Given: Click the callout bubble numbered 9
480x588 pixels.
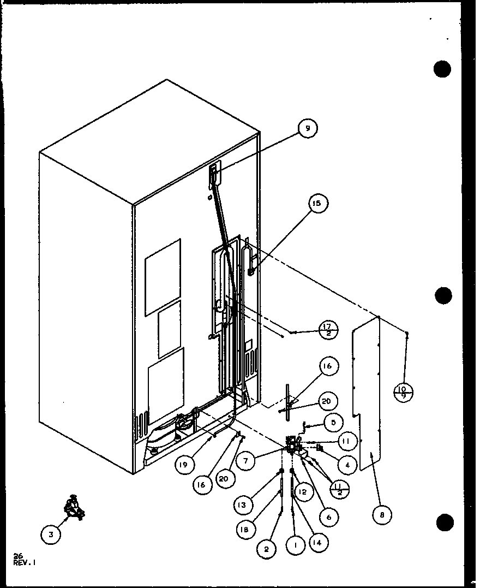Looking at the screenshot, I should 308,128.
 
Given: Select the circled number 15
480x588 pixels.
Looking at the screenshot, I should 317,204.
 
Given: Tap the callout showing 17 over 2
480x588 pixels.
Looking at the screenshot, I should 328,331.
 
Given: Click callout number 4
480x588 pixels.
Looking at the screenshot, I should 347,465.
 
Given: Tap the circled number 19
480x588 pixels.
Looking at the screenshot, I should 185,465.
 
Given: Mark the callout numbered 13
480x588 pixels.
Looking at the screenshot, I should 242,506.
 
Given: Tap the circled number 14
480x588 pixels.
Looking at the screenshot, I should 315,543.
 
